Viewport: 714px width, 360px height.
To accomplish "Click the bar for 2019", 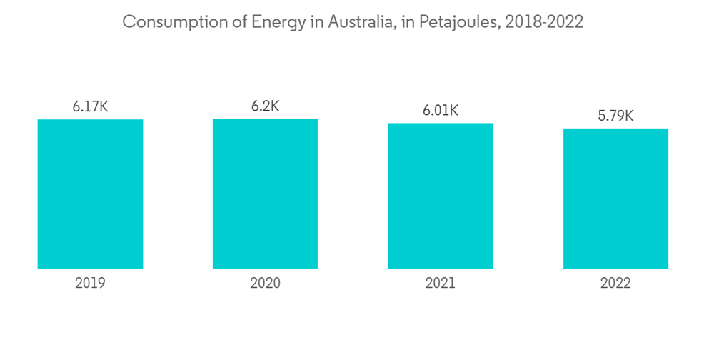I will point(90,194).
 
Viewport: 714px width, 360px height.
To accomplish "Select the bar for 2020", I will point(265,194).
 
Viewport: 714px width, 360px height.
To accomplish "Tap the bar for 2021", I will point(441,196).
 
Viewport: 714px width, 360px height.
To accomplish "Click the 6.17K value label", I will point(90,107).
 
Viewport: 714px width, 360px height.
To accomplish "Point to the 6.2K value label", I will point(265,106).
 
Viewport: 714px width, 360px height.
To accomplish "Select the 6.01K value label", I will point(441,111).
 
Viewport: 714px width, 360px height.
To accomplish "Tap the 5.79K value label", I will point(615,116).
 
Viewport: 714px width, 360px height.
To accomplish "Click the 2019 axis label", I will point(90,284).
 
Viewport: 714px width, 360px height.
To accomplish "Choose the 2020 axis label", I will point(265,284).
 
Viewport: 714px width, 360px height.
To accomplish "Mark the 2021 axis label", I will point(441,284).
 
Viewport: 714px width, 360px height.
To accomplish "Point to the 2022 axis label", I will point(615,284).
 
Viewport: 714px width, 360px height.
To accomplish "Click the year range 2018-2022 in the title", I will point(544,22).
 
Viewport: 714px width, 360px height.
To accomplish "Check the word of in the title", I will point(225,22).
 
